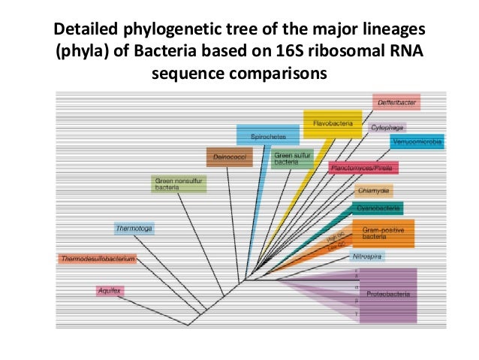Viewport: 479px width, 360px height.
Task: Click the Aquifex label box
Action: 110,290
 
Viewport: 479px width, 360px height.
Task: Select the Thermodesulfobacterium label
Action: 97,259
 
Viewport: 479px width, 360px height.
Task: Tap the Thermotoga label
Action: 134,227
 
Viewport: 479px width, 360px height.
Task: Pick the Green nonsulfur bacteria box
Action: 179,184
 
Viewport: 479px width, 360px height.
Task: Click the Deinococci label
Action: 227,157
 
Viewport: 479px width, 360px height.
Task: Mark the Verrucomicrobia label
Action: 417,141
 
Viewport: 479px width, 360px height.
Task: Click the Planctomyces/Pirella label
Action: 363,168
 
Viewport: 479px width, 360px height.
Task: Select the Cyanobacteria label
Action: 378,207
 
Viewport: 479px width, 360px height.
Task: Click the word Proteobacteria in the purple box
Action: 388,295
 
